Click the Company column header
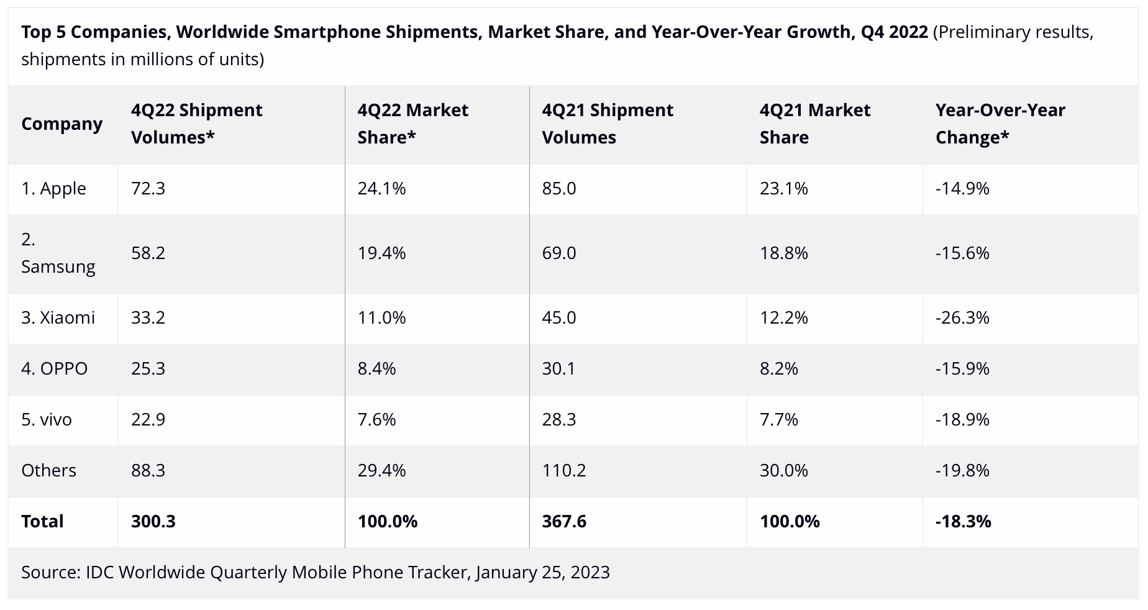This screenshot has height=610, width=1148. [61, 124]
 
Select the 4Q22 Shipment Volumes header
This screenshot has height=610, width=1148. [196, 124]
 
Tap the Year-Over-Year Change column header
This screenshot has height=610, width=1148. [1000, 124]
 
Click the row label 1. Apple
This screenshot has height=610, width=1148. [53, 188]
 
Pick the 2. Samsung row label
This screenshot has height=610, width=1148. [58, 253]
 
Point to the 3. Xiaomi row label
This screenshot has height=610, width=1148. [58, 317]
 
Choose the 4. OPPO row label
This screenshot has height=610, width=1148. [54, 368]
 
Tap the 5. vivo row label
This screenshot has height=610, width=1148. [47, 419]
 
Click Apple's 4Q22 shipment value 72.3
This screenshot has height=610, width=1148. [148, 188]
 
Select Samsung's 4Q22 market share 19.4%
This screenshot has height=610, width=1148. [381, 253]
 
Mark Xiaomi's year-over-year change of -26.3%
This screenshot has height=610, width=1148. [962, 317]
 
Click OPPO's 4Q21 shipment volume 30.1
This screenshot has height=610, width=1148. [558, 368]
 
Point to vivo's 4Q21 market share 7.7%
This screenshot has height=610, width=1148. [778, 419]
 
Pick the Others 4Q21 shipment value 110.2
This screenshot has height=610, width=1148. [563, 470]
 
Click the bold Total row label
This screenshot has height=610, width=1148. [42, 521]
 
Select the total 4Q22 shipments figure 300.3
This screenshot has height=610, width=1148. [153, 521]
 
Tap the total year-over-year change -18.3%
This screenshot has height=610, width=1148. [963, 521]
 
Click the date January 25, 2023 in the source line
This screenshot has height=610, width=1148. [543, 572]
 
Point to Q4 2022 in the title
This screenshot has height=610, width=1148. [895, 32]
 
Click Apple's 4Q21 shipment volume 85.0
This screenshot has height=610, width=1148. [558, 188]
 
